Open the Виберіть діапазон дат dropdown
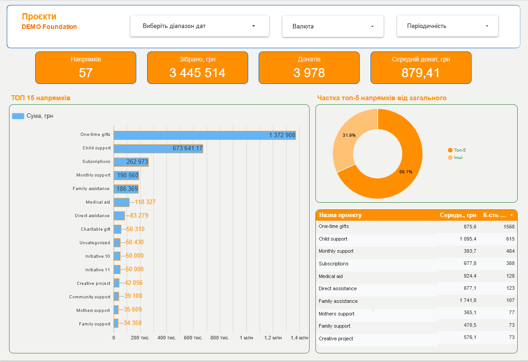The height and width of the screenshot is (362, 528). click(199, 26)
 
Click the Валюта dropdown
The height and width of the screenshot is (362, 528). click(333, 26)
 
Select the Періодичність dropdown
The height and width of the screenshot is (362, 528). click(447, 26)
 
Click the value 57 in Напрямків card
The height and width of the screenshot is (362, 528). click(86, 73)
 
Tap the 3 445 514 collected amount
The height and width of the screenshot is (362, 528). click(197, 73)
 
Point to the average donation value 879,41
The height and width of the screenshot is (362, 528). click(421, 73)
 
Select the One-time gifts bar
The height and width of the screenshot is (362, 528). click(205, 135)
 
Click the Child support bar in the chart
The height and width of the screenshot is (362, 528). click(158, 149)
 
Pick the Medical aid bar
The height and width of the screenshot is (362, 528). click(121, 202)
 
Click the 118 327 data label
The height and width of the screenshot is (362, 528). click(145, 202)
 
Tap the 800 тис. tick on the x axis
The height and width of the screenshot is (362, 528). click(220, 338)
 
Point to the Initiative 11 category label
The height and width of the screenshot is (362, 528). click(97, 270)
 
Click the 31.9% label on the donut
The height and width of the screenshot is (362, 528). click(349, 135)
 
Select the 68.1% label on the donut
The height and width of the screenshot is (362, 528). click(406, 172)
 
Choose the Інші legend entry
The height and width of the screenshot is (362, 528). click(455, 158)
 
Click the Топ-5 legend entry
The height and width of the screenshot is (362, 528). click(457, 150)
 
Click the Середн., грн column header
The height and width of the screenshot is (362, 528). click(458, 215)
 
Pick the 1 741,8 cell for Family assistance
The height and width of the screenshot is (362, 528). click(468, 300)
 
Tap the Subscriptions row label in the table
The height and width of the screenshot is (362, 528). click(333, 264)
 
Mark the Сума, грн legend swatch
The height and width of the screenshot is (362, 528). click(18, 116)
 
